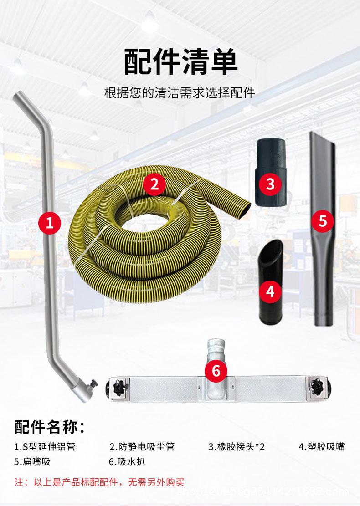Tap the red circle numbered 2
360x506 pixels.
pyautogui.click(x=154, y=184)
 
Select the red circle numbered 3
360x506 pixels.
pyautogui.click(x=271, y=184)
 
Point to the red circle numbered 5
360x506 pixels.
pyautogui.click(x=323, y=221)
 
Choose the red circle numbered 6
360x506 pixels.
pyautogui.click(x=216, y=371)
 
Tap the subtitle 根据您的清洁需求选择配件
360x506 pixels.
pyautogui.click(x=180, y=94)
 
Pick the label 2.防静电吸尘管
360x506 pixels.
pyautogui.click(x=142, y=446)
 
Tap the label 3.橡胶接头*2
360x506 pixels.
pyautogui.click(x=237, y=446)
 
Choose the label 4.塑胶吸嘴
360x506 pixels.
pyautogui.click(x=321, y=446)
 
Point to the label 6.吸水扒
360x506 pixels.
pyautogui.click(x=127, y=461)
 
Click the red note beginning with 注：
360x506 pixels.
pyautogui.click(x=99, y=481)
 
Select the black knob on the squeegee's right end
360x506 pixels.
pyautogui.click(x=316, y=386)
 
